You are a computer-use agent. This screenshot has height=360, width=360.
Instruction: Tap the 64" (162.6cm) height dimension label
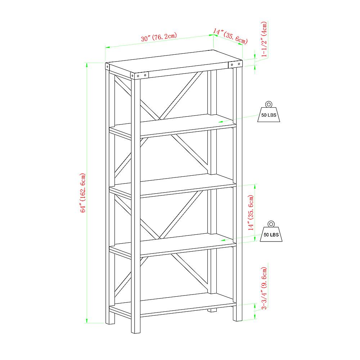tap(83, 193)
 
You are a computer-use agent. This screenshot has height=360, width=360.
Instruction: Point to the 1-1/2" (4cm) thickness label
tap(265, 40)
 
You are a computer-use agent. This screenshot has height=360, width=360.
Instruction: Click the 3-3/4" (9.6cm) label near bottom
tap(265, 288)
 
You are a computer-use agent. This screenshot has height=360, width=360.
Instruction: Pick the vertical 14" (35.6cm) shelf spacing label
tap(251, 212)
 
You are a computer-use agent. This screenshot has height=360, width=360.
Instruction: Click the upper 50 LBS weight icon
tap(268, 113)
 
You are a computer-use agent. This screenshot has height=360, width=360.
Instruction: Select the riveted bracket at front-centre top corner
tap(140, 76)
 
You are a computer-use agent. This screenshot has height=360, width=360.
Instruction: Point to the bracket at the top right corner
tap(236, 64)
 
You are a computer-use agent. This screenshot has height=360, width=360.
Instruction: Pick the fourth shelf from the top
tap(173, 244)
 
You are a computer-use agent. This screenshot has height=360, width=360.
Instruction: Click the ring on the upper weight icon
tap(268, 104)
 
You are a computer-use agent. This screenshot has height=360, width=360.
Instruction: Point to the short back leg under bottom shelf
tap(213, 310)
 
